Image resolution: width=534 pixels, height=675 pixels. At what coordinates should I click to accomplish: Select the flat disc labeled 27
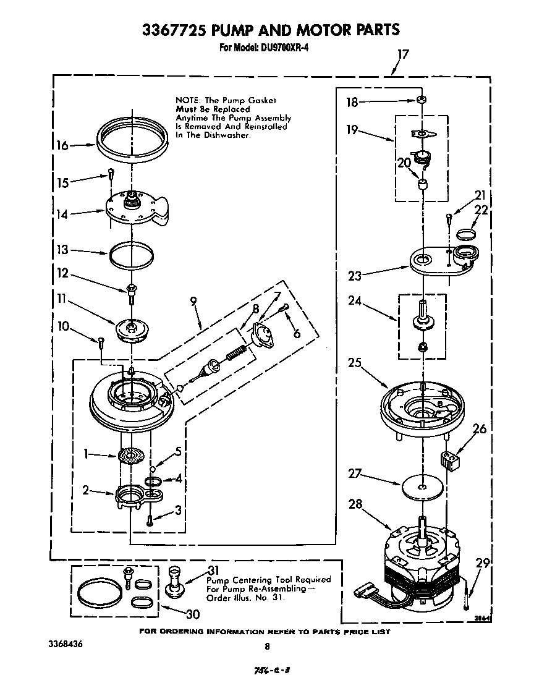(420, 486)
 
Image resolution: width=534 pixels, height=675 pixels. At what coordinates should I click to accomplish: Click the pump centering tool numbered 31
(174, 581)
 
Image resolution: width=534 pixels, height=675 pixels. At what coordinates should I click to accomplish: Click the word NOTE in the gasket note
(189, 100)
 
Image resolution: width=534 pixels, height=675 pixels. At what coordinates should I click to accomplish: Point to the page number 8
(267, 647)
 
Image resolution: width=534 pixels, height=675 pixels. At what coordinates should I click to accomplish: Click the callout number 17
(402, 54)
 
